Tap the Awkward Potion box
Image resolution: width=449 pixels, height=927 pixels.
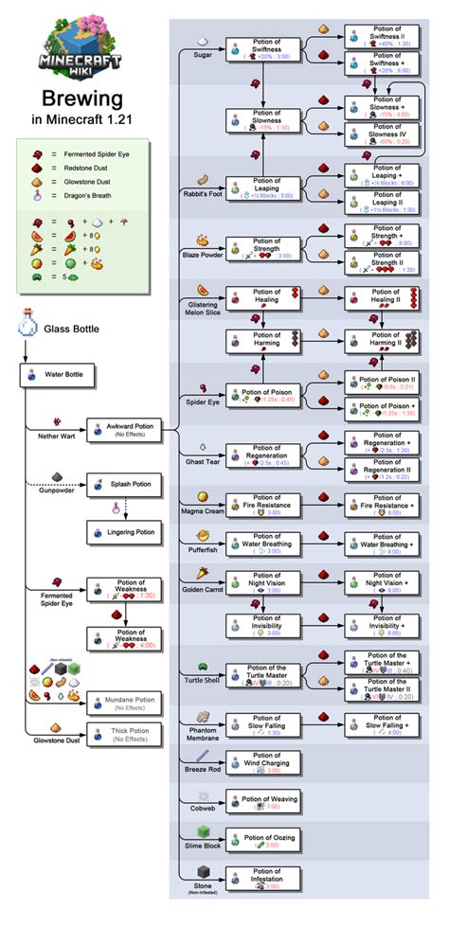[124, 430]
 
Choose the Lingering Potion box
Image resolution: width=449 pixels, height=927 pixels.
[124, 533]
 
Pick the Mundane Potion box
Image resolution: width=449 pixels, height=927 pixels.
[124, 702]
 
